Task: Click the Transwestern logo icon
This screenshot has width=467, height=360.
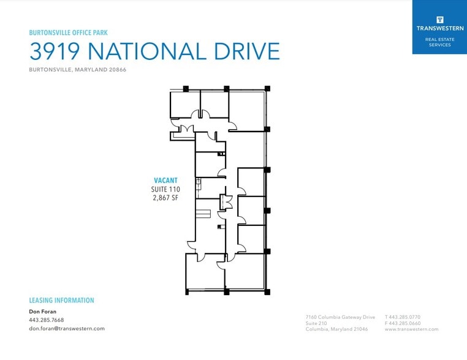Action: (x=439, y=19)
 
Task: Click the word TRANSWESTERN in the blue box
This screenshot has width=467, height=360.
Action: (x=439, y=28)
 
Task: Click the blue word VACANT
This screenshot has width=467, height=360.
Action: (x=165, y=180)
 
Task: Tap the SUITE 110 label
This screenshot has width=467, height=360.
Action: (x=165, y=189)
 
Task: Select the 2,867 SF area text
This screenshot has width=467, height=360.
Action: (x=165, y=198)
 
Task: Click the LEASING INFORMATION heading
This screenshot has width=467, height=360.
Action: (x=61, y=301)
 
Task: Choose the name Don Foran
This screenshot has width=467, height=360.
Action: (x=42, y=312)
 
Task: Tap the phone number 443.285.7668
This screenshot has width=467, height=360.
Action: (x=46, y=320)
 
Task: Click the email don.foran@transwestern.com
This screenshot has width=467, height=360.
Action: (x=66, y=328)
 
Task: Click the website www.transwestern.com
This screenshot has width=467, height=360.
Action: (x=411, y=329)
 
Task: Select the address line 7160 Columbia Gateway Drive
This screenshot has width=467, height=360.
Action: (x=340, y=317)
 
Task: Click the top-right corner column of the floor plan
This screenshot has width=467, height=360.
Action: (x=267, y=89)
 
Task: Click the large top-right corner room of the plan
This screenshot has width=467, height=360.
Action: (x=246, y=110)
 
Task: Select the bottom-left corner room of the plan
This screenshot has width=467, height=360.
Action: (x=205, y=272)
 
